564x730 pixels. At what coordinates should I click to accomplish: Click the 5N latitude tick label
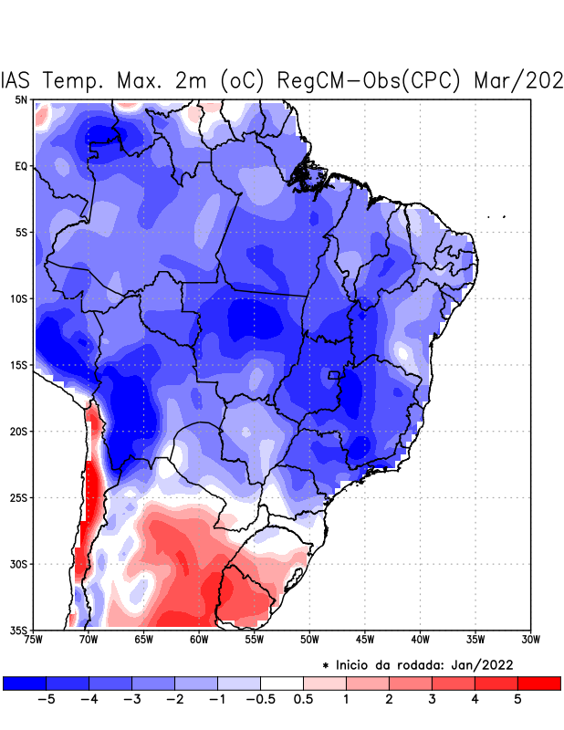(21, 99)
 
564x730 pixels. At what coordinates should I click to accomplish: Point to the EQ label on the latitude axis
(21, 166)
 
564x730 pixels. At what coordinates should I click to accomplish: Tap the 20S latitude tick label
(19, 431)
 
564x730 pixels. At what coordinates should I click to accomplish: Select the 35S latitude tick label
(19, 630)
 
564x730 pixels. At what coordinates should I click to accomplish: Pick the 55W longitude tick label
(254, 640)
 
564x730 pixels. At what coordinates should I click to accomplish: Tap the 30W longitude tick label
(530, 640)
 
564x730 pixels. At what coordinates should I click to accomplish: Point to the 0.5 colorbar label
(304, 700)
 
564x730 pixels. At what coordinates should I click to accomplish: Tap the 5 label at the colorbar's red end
(517, 700)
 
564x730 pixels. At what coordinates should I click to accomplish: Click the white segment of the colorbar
(282, 683)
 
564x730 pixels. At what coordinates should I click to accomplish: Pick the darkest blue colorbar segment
(25, 683)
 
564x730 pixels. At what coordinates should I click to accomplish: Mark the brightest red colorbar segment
(538, 683)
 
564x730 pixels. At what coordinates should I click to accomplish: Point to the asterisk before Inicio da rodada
(326, 664)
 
